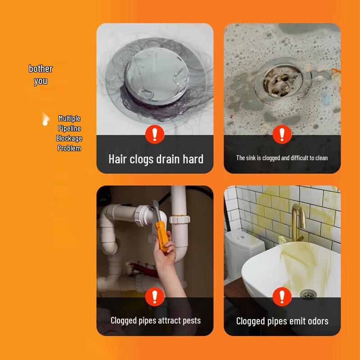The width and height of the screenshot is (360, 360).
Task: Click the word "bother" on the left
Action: pos(40,69)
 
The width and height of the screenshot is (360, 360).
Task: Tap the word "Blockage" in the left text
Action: pos(69,138)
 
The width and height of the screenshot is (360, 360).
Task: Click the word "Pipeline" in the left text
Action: pos(69,128)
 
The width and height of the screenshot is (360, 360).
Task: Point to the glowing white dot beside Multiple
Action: pos(45,121)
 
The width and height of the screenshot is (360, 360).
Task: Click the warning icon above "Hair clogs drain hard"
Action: pos(155,134)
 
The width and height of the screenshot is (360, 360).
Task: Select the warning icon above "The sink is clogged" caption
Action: pos(282,134)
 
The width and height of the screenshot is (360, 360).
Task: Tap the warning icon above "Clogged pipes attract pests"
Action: pos(155,297)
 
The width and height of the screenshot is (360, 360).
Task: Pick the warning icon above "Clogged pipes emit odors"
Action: pos(282,297)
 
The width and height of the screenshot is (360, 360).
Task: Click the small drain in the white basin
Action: pos(308,295)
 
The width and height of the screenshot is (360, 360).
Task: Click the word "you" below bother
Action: pos(40,81)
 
